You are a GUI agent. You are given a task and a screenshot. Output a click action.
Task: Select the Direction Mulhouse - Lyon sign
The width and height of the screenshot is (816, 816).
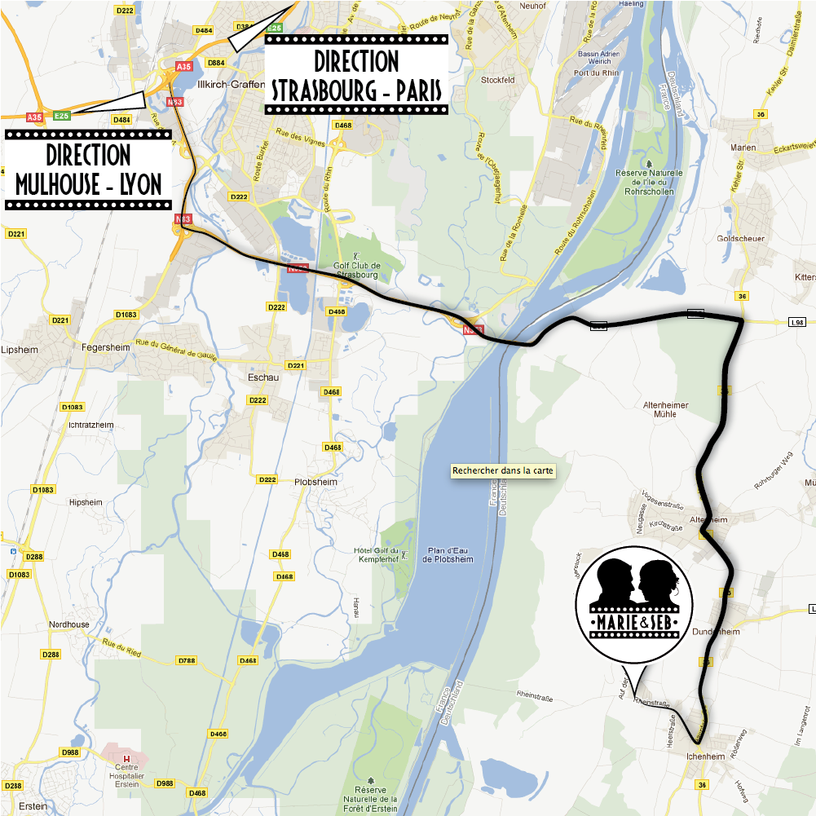pos(88,170)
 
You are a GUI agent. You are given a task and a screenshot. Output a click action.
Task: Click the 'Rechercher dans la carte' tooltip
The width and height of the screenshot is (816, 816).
pos(503,470)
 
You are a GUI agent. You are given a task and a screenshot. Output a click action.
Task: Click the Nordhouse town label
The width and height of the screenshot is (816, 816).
pos(68,624)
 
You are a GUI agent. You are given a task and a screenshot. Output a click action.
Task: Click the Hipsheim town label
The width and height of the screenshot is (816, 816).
pos(86,502)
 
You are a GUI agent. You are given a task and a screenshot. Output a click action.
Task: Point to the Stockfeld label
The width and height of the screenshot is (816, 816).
pos(498,80)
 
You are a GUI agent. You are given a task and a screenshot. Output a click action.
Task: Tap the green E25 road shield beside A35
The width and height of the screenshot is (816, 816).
pos(62,117)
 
